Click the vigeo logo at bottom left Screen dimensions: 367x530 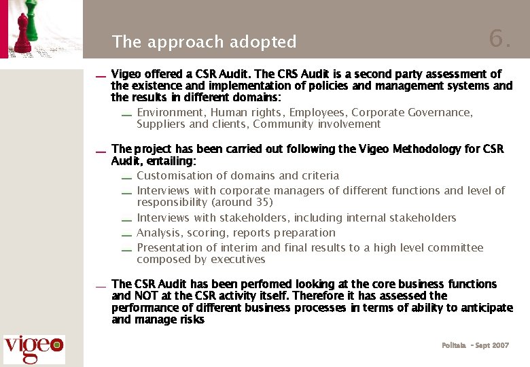coord(34,349)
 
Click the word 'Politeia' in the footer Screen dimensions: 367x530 coord(454,346)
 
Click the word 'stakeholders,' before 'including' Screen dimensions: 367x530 coord(268,218)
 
